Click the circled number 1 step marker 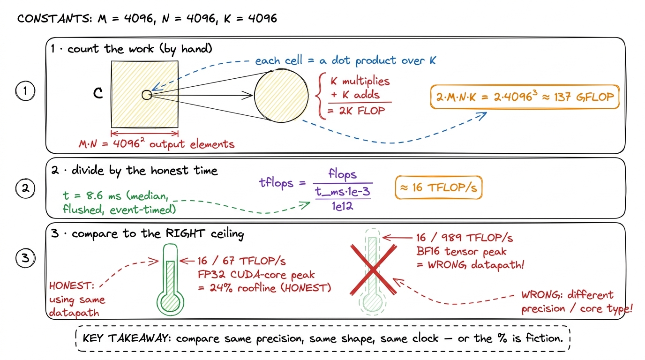25,91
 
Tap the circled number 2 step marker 25,188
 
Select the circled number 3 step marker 25,258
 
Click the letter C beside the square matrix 98,93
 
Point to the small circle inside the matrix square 147,95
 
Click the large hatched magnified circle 281,96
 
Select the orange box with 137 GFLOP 525,97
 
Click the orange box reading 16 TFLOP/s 439,187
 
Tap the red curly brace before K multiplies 321,96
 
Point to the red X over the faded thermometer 373,270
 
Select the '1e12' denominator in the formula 342,206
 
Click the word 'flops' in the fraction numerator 342,174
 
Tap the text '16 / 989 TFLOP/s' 464,238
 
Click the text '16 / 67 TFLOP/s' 241,261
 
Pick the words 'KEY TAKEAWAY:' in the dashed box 127,338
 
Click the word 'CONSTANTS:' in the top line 55,19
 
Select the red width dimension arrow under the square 144,133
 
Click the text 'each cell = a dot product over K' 345,61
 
